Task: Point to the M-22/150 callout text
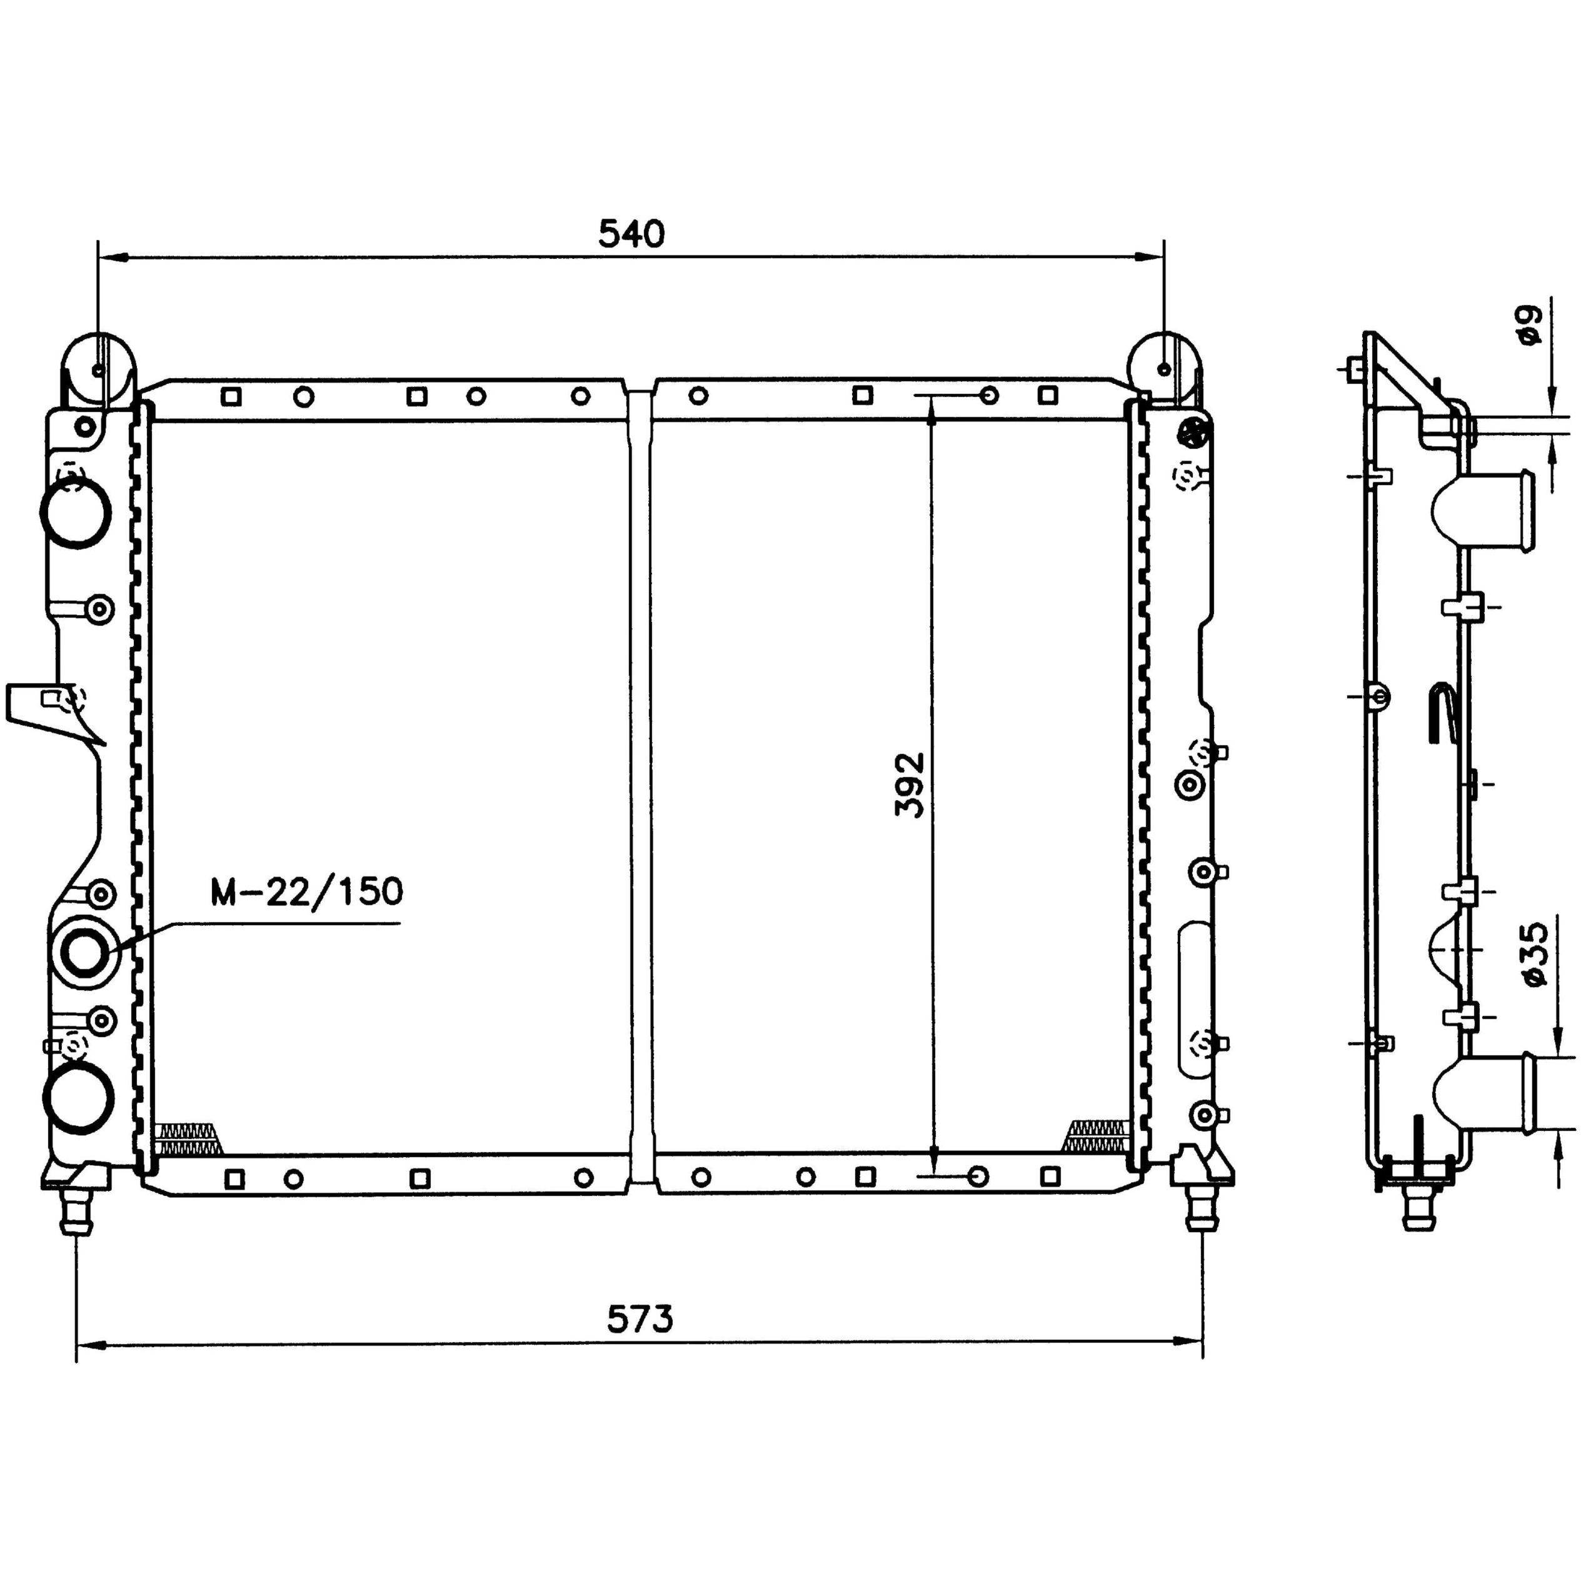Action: (307, 891)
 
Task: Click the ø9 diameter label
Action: (1527, 325)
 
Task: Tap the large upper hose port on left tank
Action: (76, 513)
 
